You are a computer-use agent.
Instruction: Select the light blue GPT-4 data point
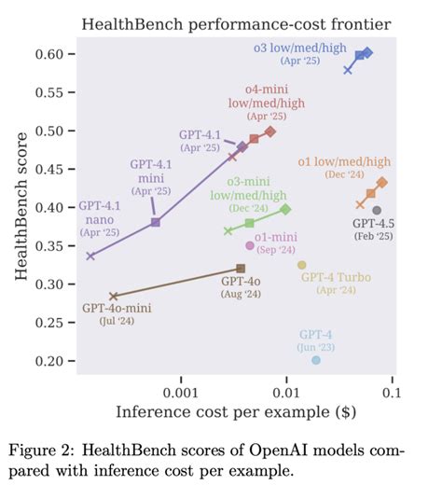316,360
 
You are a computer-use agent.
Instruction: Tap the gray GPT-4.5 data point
377,211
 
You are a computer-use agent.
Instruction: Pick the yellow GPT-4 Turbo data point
301,265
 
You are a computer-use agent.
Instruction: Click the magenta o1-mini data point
249,245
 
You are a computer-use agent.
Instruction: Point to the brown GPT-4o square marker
241,269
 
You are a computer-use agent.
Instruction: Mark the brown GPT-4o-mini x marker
113,297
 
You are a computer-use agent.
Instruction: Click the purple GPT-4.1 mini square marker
156,222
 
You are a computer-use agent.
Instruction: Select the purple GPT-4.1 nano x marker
90,256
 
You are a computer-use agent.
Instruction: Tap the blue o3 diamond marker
367,53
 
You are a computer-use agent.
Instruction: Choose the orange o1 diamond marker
381,183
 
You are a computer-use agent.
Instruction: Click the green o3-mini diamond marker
285,209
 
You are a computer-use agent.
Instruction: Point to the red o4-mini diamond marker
270,132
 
